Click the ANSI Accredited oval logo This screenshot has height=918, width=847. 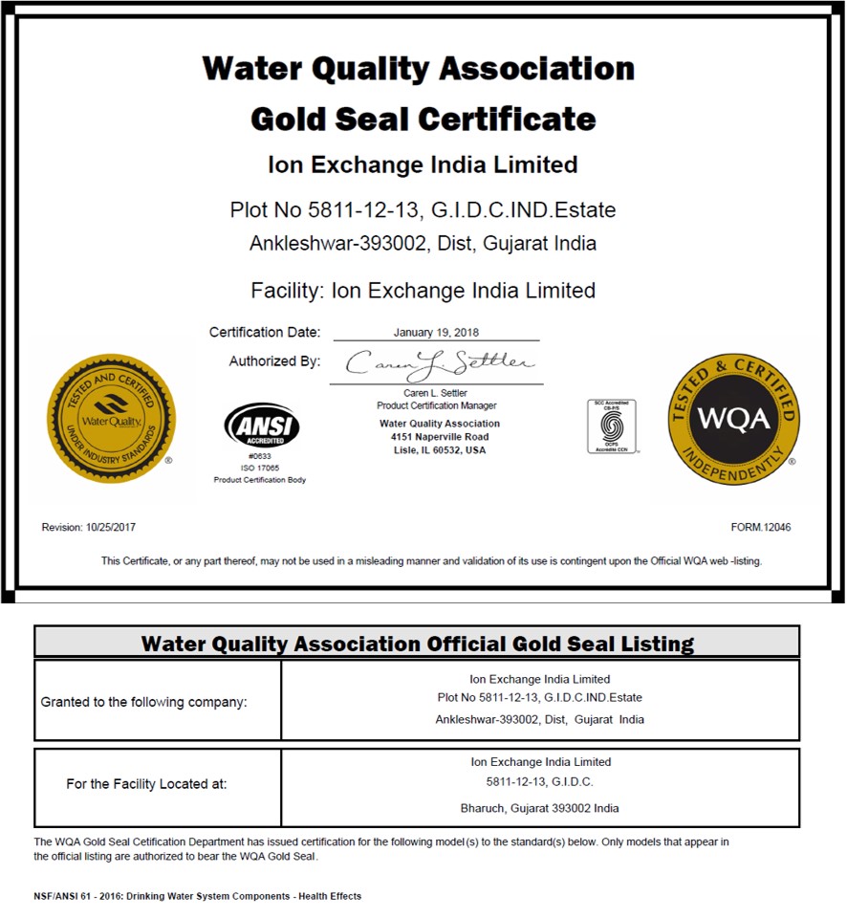[x=261, y=426]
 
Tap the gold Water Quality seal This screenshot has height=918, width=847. [x=112, y=418]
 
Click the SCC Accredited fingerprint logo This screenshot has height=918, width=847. [x=612, y=426]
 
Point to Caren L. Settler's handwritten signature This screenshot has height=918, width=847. [x=439, y=363]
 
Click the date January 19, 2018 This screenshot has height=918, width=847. [x=436, y=333]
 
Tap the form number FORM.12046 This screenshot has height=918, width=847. [x=760, y=527]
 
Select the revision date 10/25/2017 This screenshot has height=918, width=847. [x=82, y=527]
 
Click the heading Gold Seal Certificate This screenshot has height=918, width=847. [x=423, y=120]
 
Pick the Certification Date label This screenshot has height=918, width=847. [x=265, y=333]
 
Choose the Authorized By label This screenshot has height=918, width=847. [x=274, y=361]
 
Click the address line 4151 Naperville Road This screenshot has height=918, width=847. [x=439, y=436]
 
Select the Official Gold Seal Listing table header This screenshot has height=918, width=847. [x=417, y=643]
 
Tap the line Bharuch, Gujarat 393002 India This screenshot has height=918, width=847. [x=539, y=808]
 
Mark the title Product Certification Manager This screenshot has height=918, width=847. [x=436, y=405]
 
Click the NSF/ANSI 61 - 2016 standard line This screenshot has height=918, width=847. [x=197, y=896]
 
